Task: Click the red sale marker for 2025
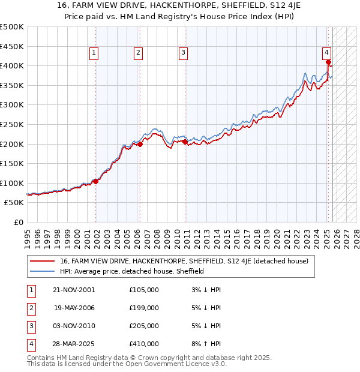point(329,62)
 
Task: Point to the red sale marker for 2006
point(140,144)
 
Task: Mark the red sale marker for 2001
point(96,181)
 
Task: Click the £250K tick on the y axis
point(12,124)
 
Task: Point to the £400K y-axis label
point(12,65)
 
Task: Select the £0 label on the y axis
point(18,222)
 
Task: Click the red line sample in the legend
point(43,261)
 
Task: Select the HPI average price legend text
point(132,271)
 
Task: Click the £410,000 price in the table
point(144,344)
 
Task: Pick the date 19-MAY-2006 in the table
point(74,308)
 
